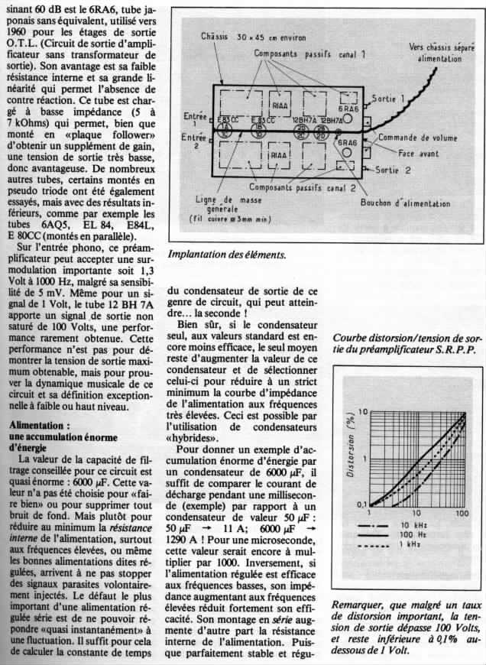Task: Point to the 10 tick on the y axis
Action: tap(364, 412)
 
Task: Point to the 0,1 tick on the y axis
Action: tap(361, 504)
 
